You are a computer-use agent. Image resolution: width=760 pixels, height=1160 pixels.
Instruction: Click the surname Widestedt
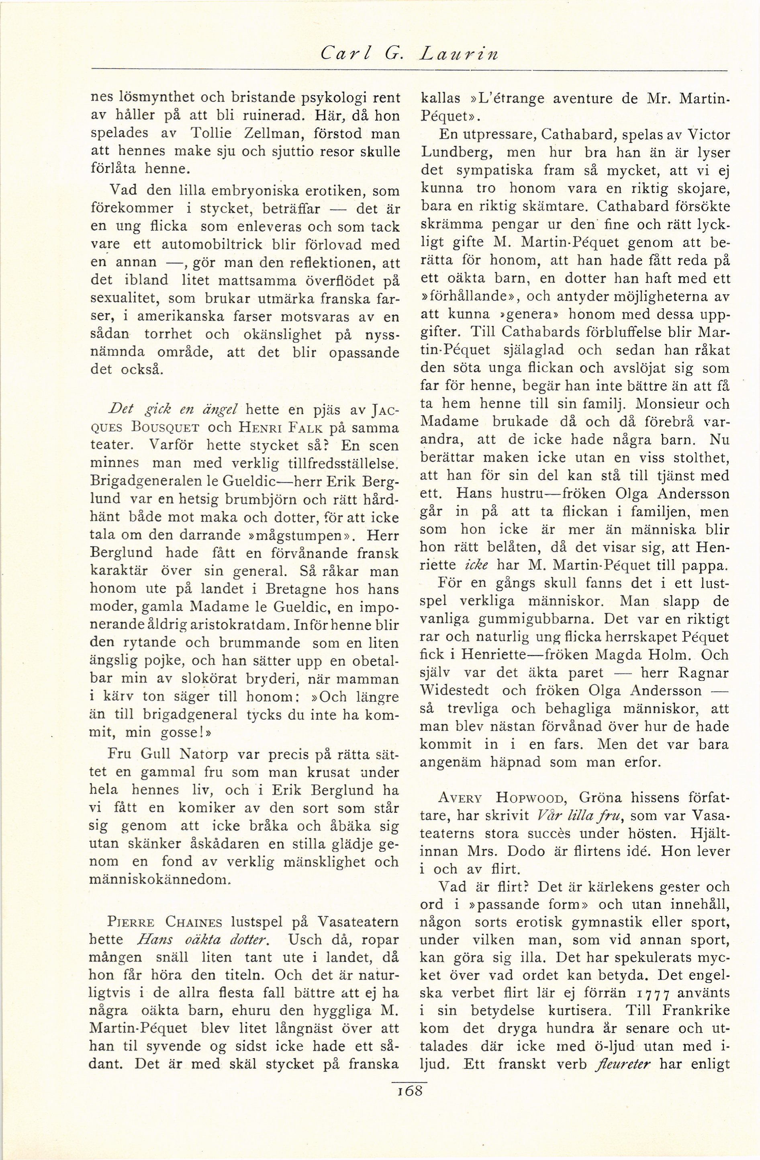(x=456, y=691)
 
